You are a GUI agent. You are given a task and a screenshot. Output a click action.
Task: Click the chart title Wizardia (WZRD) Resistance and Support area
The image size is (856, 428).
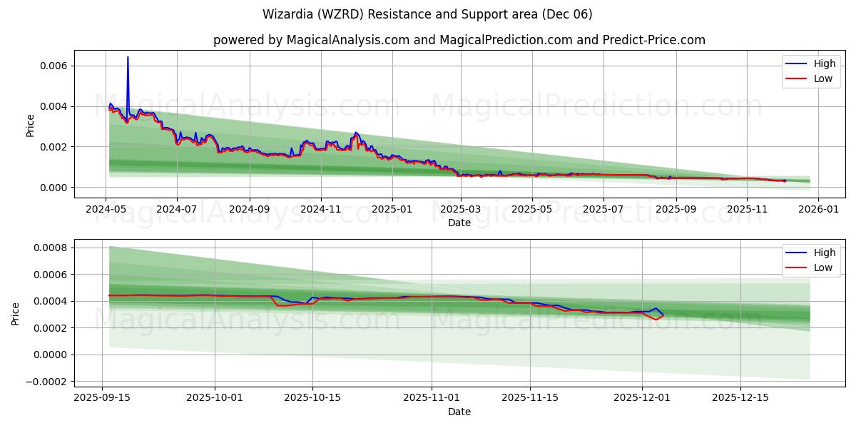click(x=427, y=14)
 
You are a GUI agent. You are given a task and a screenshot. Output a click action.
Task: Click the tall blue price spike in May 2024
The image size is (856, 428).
click(x=128, y=58)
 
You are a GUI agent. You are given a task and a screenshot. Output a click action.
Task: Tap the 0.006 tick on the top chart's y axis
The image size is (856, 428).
click(x=53, y=66)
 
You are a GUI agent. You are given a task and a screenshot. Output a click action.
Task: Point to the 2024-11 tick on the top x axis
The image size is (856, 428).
click(x=320, y=210)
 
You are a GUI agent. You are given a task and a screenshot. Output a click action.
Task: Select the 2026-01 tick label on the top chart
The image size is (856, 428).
click(x=817, y=210)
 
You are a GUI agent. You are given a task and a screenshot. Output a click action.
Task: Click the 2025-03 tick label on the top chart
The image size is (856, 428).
click(x=461, y=210)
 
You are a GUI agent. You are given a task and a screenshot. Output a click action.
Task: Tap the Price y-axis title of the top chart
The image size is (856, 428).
click(x=30, y=125)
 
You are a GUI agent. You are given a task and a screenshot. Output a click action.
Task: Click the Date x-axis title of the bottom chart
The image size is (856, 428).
click(x=459, y=412)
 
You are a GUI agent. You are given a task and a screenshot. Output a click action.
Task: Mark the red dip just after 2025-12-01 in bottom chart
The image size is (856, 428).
click(x=656, y=320)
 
